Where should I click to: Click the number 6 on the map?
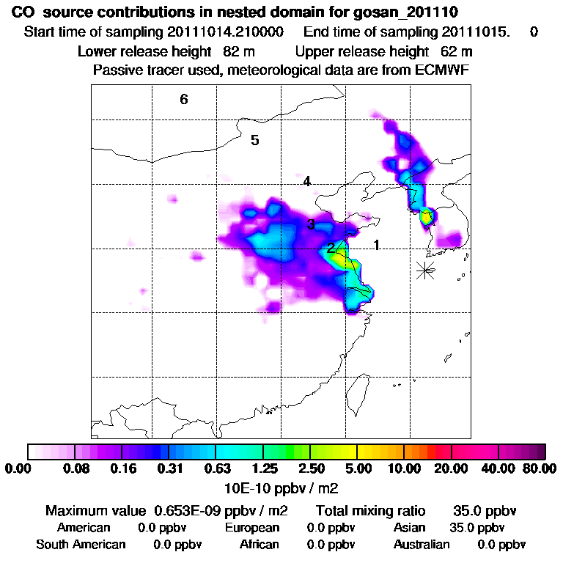184,99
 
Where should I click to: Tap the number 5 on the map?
255,140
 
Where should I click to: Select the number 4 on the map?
307,181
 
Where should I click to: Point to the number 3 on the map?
311,224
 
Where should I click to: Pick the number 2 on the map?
331,248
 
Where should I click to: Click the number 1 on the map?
376,245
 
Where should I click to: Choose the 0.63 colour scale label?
216,468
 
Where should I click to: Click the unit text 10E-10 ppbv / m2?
281,486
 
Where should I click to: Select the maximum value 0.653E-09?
190,510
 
